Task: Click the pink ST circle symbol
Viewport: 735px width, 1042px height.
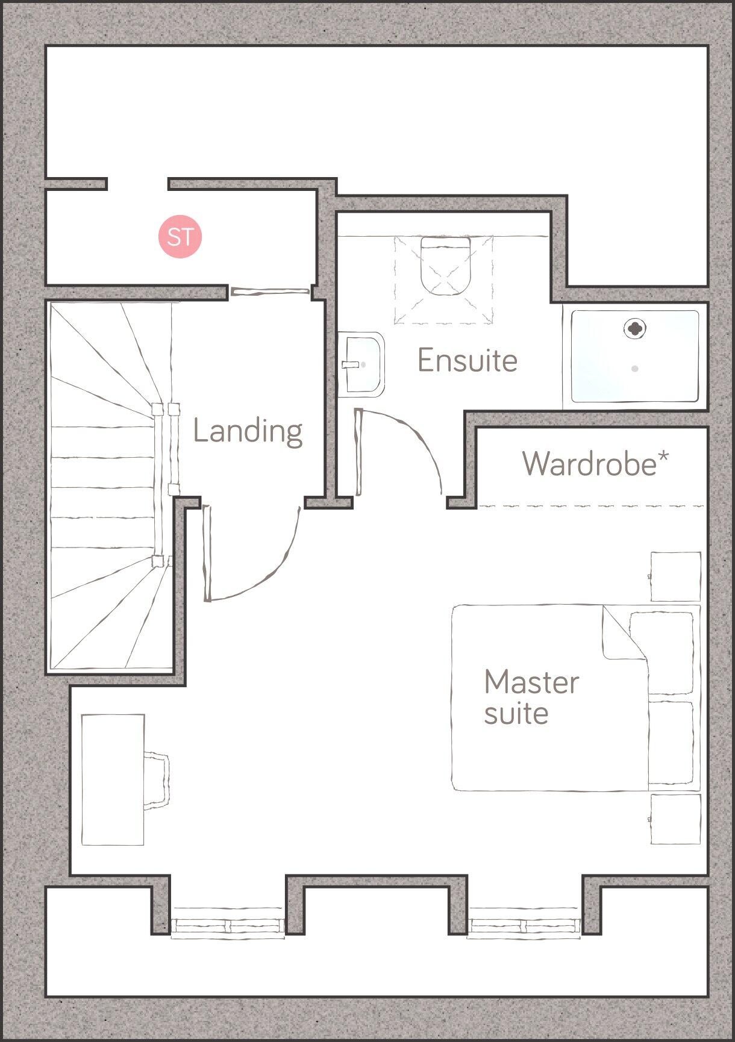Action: point(180,236)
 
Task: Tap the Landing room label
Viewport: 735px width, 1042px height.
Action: point(248,431)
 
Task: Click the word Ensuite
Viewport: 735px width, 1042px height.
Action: point(468,361)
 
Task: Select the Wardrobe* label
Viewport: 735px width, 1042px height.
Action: point(595,463)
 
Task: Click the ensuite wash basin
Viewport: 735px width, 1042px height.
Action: point(363,364)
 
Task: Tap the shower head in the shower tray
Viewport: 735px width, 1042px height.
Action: point(634,328)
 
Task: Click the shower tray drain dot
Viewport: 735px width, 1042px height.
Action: point(634,368)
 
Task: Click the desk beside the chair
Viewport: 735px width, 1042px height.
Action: point(113,779)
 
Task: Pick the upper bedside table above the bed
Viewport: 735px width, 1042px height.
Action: point(675,576)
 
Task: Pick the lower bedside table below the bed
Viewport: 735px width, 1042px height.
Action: point(675,819)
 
